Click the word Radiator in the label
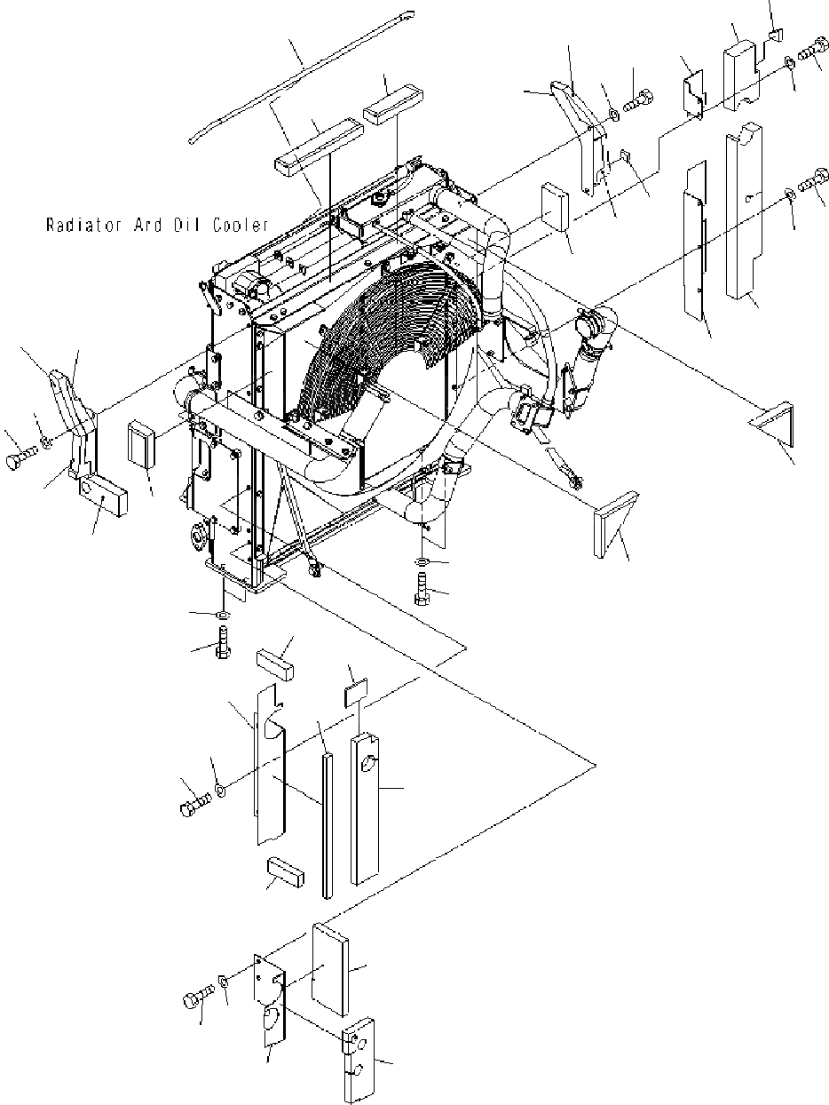point(81,226)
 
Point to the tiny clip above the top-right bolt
point(774,36)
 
